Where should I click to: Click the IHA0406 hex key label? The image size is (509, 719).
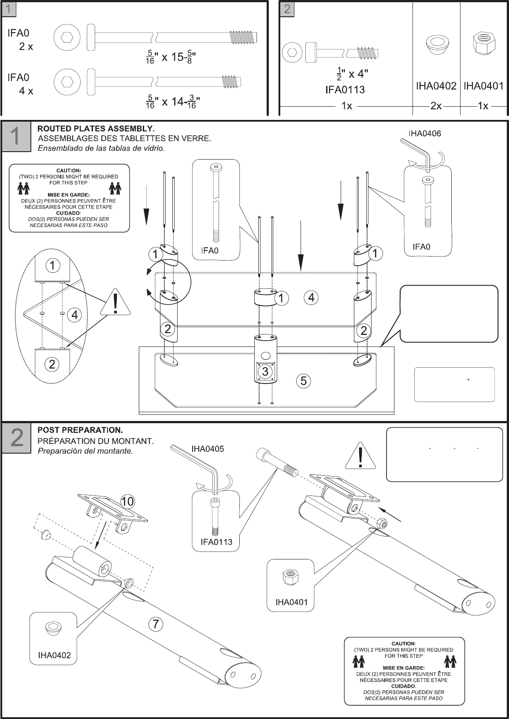point(424,133)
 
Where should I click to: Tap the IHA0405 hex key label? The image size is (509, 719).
point(208,449)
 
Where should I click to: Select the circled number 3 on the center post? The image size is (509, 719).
point(265,371)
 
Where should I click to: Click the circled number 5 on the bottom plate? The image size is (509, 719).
point(303,380)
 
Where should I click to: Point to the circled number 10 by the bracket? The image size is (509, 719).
point(127,501)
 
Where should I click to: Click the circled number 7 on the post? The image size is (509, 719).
point(156,624)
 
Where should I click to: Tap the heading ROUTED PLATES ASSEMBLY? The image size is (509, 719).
point(96,129)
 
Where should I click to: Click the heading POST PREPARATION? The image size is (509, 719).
point(80,430)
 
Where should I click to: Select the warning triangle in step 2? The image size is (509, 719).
point(360,457)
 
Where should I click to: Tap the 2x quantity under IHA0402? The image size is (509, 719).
point(436,106)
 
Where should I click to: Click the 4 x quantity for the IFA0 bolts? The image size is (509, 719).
point(26,91)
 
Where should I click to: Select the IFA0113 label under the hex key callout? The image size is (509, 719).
point(216,541)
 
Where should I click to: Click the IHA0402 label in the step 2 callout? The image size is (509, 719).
point(54,655)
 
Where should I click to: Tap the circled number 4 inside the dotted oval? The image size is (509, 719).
point(74,315)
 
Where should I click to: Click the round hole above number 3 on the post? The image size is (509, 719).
point(265,356)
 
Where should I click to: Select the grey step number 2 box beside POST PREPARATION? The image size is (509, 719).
point(16,438)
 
